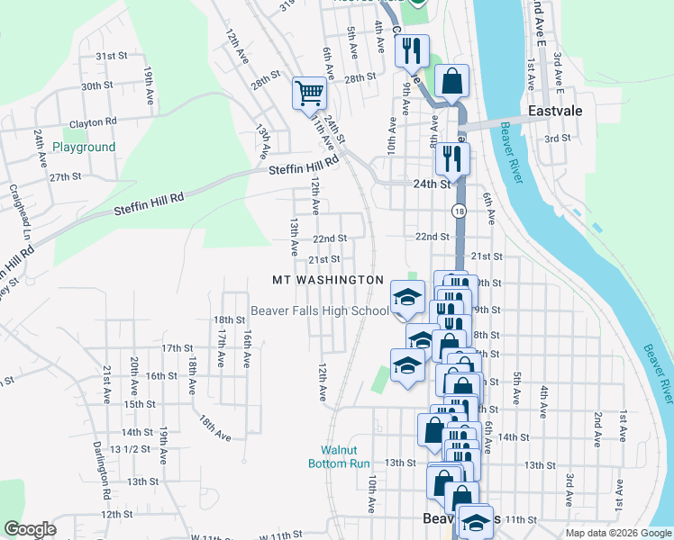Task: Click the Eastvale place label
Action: tap(555, 112)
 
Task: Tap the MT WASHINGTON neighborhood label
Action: tap(329, 281)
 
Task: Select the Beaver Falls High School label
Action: tap(320, 311)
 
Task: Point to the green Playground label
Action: tap(84, 147)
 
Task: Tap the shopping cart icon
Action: tap(308, 93)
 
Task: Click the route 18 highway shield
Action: tap(459, 211)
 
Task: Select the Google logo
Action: tap(30, 529)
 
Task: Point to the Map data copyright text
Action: tap(617, 533)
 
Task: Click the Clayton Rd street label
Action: tap(93, 121)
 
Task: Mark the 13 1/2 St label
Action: tap(128, 448)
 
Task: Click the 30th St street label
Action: tap(96, 86)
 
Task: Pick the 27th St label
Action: tap(66, 176)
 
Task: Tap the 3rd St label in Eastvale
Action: tap(558, 138)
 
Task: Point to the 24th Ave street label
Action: tap(41, 149)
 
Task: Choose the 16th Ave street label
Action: tap(246, 348)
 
